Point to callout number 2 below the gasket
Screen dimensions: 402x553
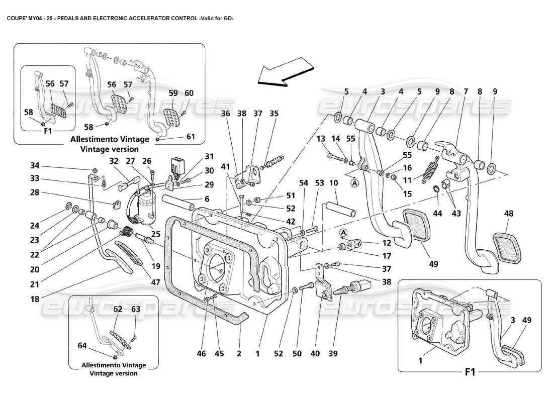[239, 354]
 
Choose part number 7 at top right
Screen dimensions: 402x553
[466, 92]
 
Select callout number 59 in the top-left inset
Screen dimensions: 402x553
[173, 93]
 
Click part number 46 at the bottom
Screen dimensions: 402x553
[201, 354]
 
